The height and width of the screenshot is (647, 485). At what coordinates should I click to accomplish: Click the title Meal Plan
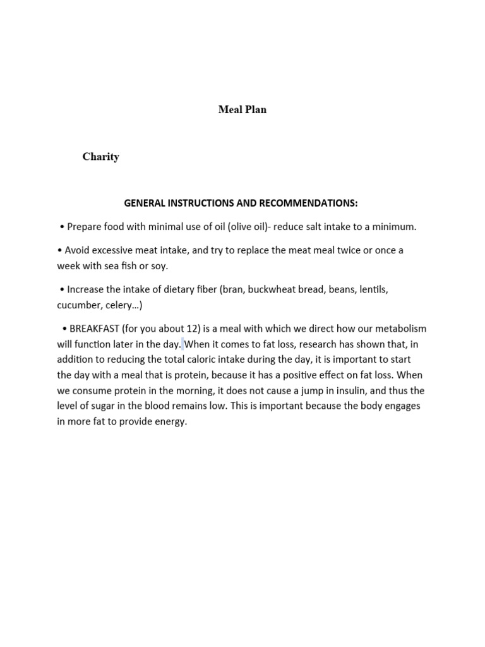click(242, 109)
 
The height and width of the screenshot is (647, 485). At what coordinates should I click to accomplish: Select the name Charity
click(100, 157)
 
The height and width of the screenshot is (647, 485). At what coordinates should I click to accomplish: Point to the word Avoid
click(78, 250)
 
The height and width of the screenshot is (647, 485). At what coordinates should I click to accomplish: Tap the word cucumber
click(78, 305)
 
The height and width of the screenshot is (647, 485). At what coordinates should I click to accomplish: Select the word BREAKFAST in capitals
click(94, 329)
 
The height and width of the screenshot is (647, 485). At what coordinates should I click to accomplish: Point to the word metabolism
click(398, 329)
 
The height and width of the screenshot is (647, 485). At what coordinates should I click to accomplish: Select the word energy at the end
click(171, 421)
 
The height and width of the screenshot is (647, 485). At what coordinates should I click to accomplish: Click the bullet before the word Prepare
click(62, 226)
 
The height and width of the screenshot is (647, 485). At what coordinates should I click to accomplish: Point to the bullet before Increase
click(62, 289)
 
